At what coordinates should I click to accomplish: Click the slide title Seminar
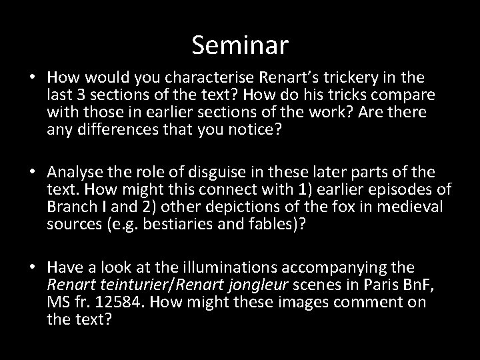pos(240,45)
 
